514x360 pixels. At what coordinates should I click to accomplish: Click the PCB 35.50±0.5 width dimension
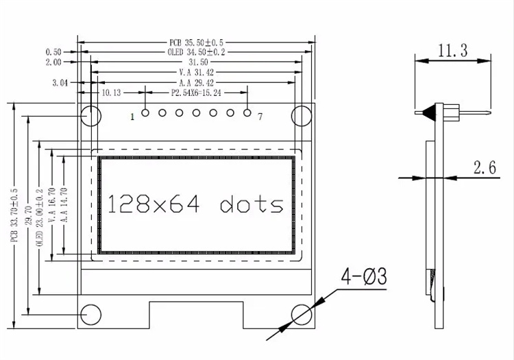click(196, 43)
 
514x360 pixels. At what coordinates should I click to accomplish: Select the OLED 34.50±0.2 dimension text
click(196, 52)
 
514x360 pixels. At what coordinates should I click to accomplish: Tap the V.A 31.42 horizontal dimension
click(196, 73)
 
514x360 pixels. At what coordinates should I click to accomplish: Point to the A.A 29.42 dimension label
click(196, 82)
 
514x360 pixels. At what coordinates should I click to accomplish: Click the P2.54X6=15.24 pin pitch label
click(196, 93)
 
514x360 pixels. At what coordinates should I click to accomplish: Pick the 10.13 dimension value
click(111, 93)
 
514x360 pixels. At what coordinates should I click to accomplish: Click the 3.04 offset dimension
click(60, 82)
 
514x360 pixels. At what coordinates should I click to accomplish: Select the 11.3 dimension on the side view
click(453, 51)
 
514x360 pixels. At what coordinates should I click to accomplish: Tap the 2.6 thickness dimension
click(485, 167)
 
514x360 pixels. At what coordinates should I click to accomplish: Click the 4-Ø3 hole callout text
click(364, 276)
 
